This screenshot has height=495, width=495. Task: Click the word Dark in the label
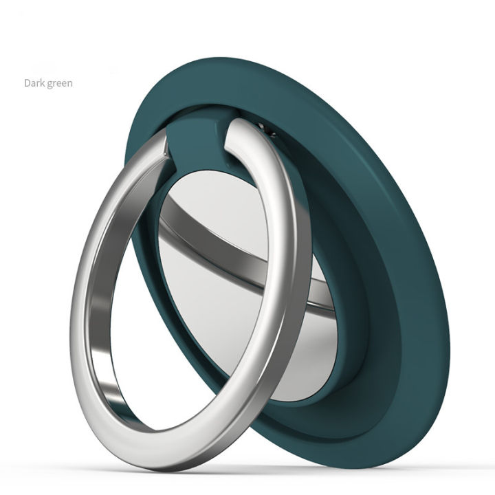[x=35, y=83]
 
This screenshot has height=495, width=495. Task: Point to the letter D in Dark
[x=27, y=83]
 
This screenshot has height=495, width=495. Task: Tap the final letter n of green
[x=69, y=84]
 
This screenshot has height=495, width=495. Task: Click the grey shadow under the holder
[x=275, y=467]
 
